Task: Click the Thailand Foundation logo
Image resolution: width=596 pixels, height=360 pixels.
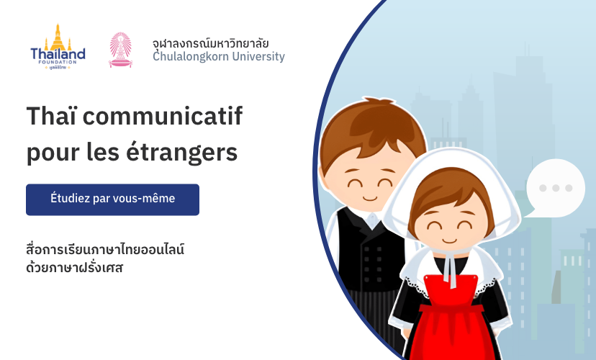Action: [58, 47]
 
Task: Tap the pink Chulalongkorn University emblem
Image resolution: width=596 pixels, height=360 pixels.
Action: [120, 50]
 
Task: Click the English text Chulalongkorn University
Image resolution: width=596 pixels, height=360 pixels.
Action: [219, 57]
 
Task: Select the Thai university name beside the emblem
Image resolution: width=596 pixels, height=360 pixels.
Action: [211, 43]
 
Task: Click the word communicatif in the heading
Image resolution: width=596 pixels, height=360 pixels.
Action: [163, 116]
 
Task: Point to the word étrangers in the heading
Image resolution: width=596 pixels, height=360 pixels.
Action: [181, 152]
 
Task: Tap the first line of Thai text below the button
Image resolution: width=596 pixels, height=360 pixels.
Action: [105, 249]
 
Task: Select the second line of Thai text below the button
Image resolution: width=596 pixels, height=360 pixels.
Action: [75, 267]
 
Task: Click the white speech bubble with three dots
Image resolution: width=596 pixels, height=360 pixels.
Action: [555, 188]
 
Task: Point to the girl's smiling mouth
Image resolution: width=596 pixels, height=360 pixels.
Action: [449, 240]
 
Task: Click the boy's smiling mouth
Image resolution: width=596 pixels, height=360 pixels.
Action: [370, 198]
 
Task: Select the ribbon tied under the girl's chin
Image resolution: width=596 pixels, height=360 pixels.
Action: [451, 266]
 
